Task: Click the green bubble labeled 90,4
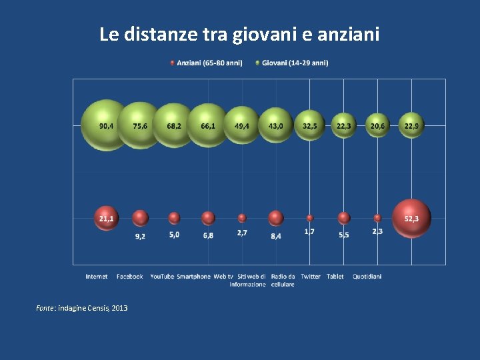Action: click(105, 125)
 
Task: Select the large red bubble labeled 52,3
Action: click(411, 218)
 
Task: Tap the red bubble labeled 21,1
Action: click(106, 218)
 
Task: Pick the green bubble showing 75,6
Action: click(140, 125)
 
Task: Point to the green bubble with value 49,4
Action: click(241, 125)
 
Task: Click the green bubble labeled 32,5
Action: click(310, 125)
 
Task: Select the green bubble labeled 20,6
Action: click(377, 125)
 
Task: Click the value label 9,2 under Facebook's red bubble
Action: click(141, 236)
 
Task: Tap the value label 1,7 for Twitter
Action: click(310, 231)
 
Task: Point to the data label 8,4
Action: click(275, 236)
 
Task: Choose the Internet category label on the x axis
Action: click(97, 276)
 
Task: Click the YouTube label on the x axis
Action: click(162, 276)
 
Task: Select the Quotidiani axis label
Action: click(367, 276)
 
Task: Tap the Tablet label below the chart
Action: click(335, 276)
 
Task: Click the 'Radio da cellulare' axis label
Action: click(283, 280)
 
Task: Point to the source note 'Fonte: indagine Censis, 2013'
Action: click(82, 308)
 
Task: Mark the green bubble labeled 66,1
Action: click(208, 125)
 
